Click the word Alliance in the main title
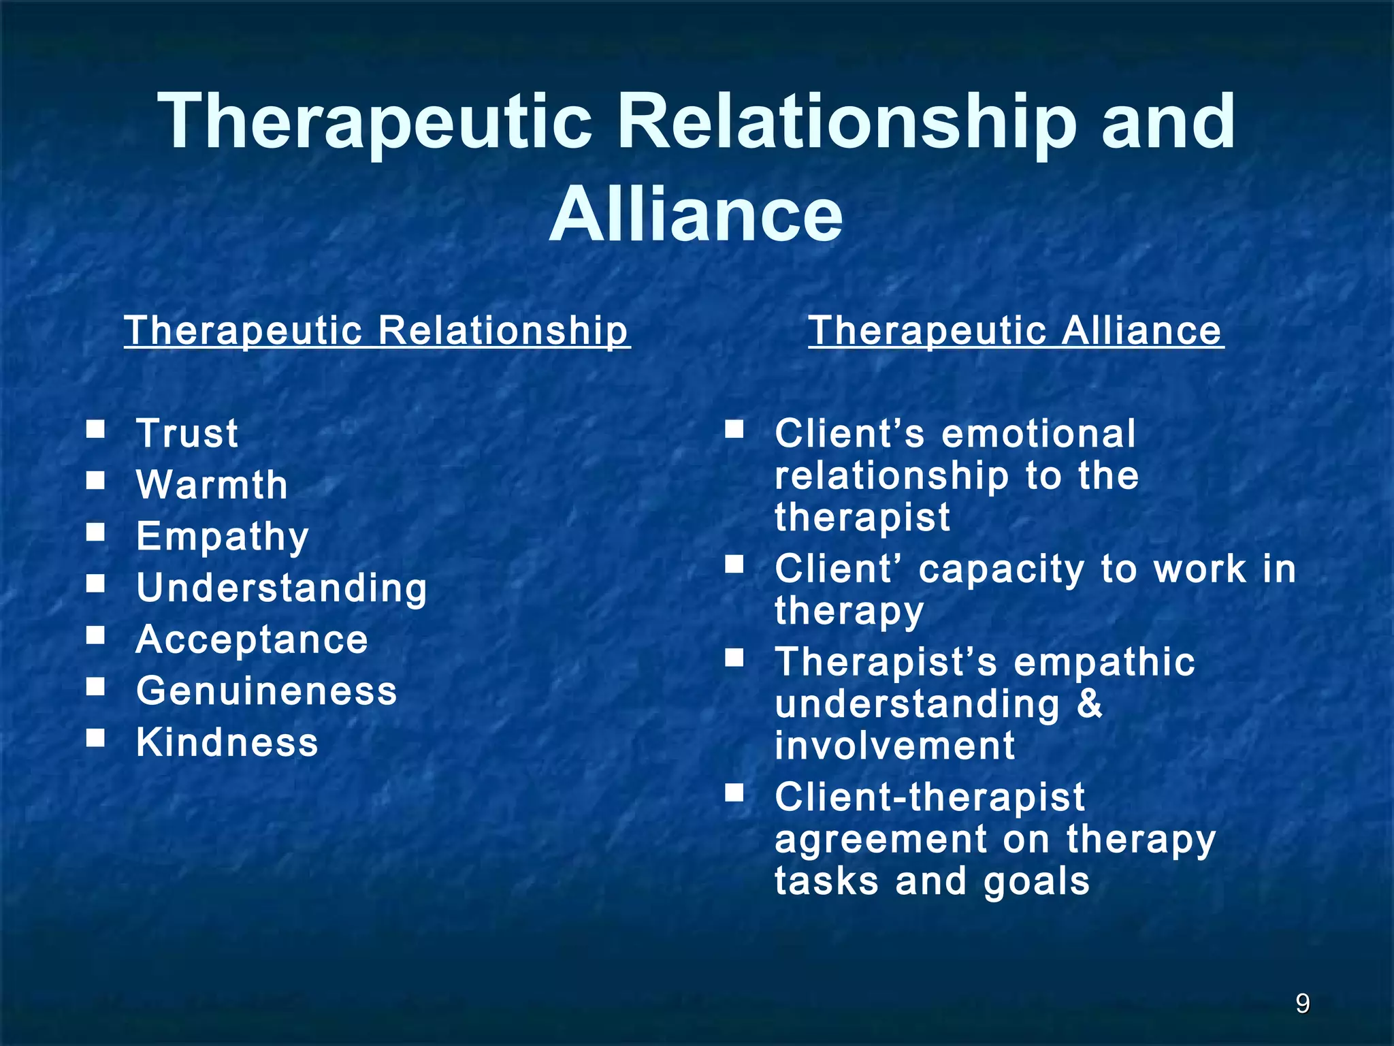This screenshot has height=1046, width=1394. (x=696, y=215)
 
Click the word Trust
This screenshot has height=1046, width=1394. (x=187, y=433)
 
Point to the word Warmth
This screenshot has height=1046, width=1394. (x=212, y=485)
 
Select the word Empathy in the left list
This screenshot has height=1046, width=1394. (x=223, y=537)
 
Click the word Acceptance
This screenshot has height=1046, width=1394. (x=252, y=639)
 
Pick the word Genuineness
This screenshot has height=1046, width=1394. (x=266, y=691)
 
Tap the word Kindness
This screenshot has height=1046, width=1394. (x=227, y=742)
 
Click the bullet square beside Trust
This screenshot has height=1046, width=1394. (x=96, y=429)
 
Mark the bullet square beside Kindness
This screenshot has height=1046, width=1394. (x=96, y=738)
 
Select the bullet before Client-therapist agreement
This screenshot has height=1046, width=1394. (x=734, y=792)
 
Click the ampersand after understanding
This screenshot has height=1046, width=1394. (x=1090, y=703)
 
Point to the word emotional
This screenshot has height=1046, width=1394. (x=1039, y=433)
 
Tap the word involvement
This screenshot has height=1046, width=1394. (x=895, y=745)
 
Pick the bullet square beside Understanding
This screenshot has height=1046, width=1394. (x=96, y=583)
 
